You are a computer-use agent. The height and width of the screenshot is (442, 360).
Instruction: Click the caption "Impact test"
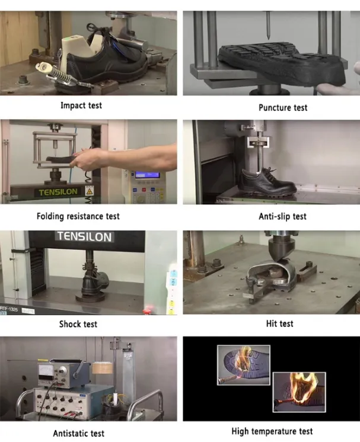click(x=81, y=105)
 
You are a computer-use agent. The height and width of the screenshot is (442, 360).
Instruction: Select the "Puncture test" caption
click(x=283, y=107)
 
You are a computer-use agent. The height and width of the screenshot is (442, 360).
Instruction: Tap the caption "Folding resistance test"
click(x=78, y=216)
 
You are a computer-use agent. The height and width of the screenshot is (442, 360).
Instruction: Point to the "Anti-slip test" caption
click(x=282, y=216)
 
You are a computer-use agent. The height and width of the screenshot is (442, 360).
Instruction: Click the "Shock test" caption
click(x=78, y=324)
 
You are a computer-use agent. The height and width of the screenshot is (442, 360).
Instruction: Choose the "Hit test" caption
click(x=279, y=324)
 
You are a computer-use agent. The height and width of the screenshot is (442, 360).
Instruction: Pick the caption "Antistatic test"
click(x=79, y=433)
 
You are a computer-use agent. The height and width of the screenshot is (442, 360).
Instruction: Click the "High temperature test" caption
click(x=272, y=431)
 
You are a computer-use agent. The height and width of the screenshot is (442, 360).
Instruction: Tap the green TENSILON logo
click(x=58, y=192)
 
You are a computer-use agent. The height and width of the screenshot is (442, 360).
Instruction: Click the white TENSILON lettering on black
click(x=84, y=236)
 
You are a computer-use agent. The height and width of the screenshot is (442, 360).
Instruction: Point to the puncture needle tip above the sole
click(x=269, y=39)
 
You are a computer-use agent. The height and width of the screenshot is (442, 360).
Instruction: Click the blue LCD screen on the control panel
click(x=147, y=175)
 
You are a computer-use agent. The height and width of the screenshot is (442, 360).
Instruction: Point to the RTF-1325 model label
click(x=9, y=309)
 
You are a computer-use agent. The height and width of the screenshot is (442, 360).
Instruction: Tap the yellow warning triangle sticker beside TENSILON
click(x=89, y=191)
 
